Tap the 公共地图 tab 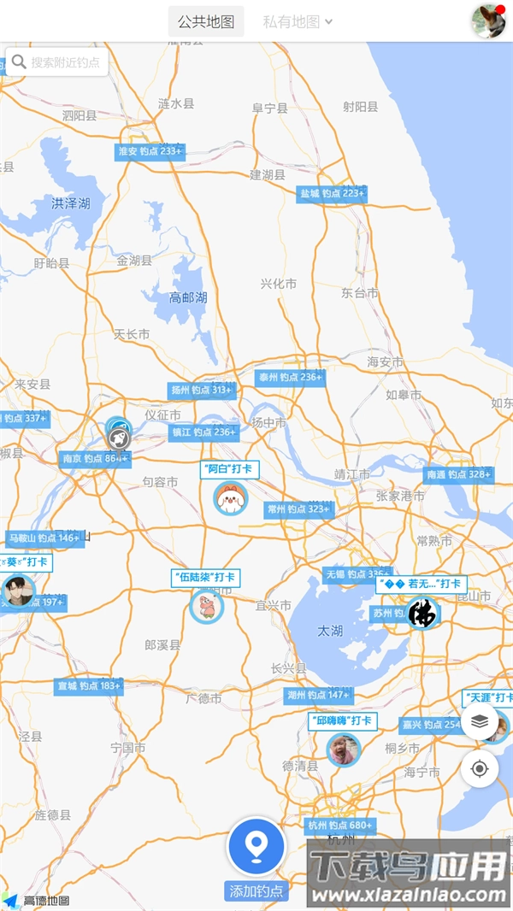pos(206,22)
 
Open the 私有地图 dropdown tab pos(297,22)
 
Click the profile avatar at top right pos(488,21)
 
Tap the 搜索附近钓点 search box pos(57,62)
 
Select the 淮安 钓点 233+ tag pos(150,151)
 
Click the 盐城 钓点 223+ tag pos(332,194)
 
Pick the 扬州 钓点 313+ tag pos(202,391)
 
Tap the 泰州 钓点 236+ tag pos(291,377)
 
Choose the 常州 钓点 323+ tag pos(298,509)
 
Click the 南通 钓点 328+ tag pos(459,474)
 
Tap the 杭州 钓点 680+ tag pos(340,826)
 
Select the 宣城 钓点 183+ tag pos(89,686)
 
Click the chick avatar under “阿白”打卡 pos(230,497)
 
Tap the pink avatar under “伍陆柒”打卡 pos(206,607)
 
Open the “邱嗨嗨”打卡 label pos(342,721)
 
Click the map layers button pos(480,721)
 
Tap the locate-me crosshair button pos(480,768)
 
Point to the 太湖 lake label pos(330,631)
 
